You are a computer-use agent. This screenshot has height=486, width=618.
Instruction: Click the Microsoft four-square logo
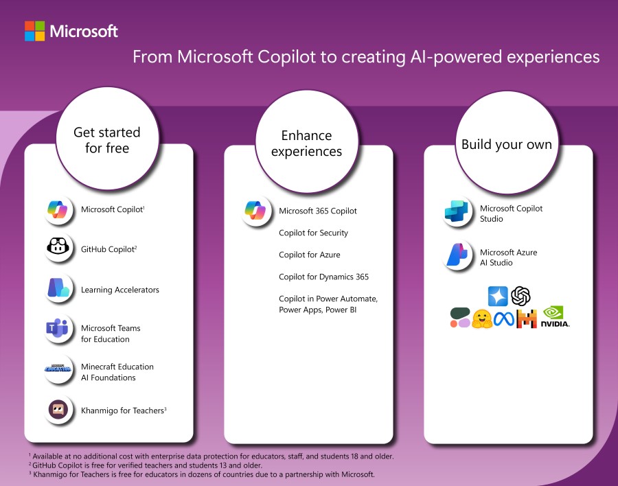click(x=34, y=31)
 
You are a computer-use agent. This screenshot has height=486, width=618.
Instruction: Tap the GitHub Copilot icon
click(x=59, y=248)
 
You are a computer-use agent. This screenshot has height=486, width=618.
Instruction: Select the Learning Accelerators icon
click(x=59, y=289)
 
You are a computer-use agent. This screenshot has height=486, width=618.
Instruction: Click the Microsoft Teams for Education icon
click(x=59, y=332)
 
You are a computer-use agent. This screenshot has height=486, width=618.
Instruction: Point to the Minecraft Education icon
click(x=59, y=371)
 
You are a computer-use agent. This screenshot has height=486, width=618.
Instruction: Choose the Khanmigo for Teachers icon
click(x=59, y=410)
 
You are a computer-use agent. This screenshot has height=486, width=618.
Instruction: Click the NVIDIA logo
click(x=556, y=316)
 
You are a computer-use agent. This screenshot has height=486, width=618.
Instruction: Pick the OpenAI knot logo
click(x=520, y=296)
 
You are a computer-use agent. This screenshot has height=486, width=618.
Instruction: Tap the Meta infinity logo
click(x=504, y=318)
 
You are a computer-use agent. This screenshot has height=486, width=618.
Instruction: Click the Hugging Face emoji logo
click(x=483, y=318)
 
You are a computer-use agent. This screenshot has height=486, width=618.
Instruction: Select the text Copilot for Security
click(x=313, y=233)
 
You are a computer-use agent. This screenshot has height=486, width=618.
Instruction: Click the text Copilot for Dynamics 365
click(x=323, y=277)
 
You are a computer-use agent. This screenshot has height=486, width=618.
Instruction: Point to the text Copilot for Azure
click(x=309, y=255)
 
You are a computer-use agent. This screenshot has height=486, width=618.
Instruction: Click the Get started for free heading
click(x=106, y=139)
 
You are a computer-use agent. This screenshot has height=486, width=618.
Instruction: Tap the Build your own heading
click(x=506, y=144)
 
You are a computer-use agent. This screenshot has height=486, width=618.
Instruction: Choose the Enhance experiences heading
click(x=306, y=143)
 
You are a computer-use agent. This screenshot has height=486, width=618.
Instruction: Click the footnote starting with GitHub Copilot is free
click(x=145, y=465)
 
